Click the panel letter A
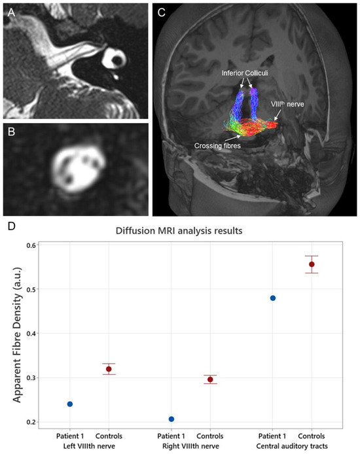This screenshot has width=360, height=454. click(10, 12)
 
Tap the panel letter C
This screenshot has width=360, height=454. click(162, 12)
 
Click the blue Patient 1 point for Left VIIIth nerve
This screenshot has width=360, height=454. click(70, 404)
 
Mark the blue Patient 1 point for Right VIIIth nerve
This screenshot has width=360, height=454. click(171, 419)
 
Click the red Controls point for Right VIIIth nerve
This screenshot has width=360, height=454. click(210, 379)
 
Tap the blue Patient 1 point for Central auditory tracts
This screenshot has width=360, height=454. click(273, 298)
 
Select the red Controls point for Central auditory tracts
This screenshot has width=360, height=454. click(312, 264)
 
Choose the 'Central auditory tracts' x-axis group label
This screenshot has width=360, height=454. click(292, 446)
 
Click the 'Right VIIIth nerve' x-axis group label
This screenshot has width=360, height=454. click(190, 446)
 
